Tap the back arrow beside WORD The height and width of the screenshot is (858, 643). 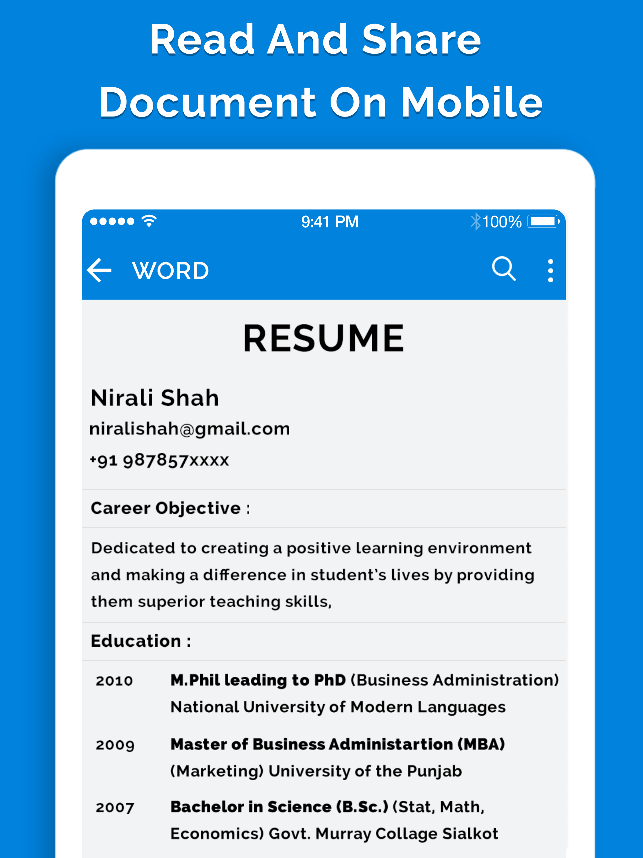pos(100,270)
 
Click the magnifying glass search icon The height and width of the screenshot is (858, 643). pos(504,269)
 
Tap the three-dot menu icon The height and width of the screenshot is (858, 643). pos(550,270)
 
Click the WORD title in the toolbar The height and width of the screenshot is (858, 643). pos(170,271)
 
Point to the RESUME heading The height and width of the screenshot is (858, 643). pos(323,338)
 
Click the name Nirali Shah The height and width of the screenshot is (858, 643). pos(155,398)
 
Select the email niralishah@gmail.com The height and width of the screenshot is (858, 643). pos(190,429)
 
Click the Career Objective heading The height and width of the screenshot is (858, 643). pos(170,508)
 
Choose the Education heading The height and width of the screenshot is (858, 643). pos(140,641)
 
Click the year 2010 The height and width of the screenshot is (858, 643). pos(114,681)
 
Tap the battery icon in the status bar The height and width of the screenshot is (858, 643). pos(543,221)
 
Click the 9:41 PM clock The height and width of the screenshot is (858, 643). pos(330,222)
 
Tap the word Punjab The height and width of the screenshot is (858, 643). pos(434,771)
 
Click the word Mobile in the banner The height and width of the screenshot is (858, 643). pos(471,102)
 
